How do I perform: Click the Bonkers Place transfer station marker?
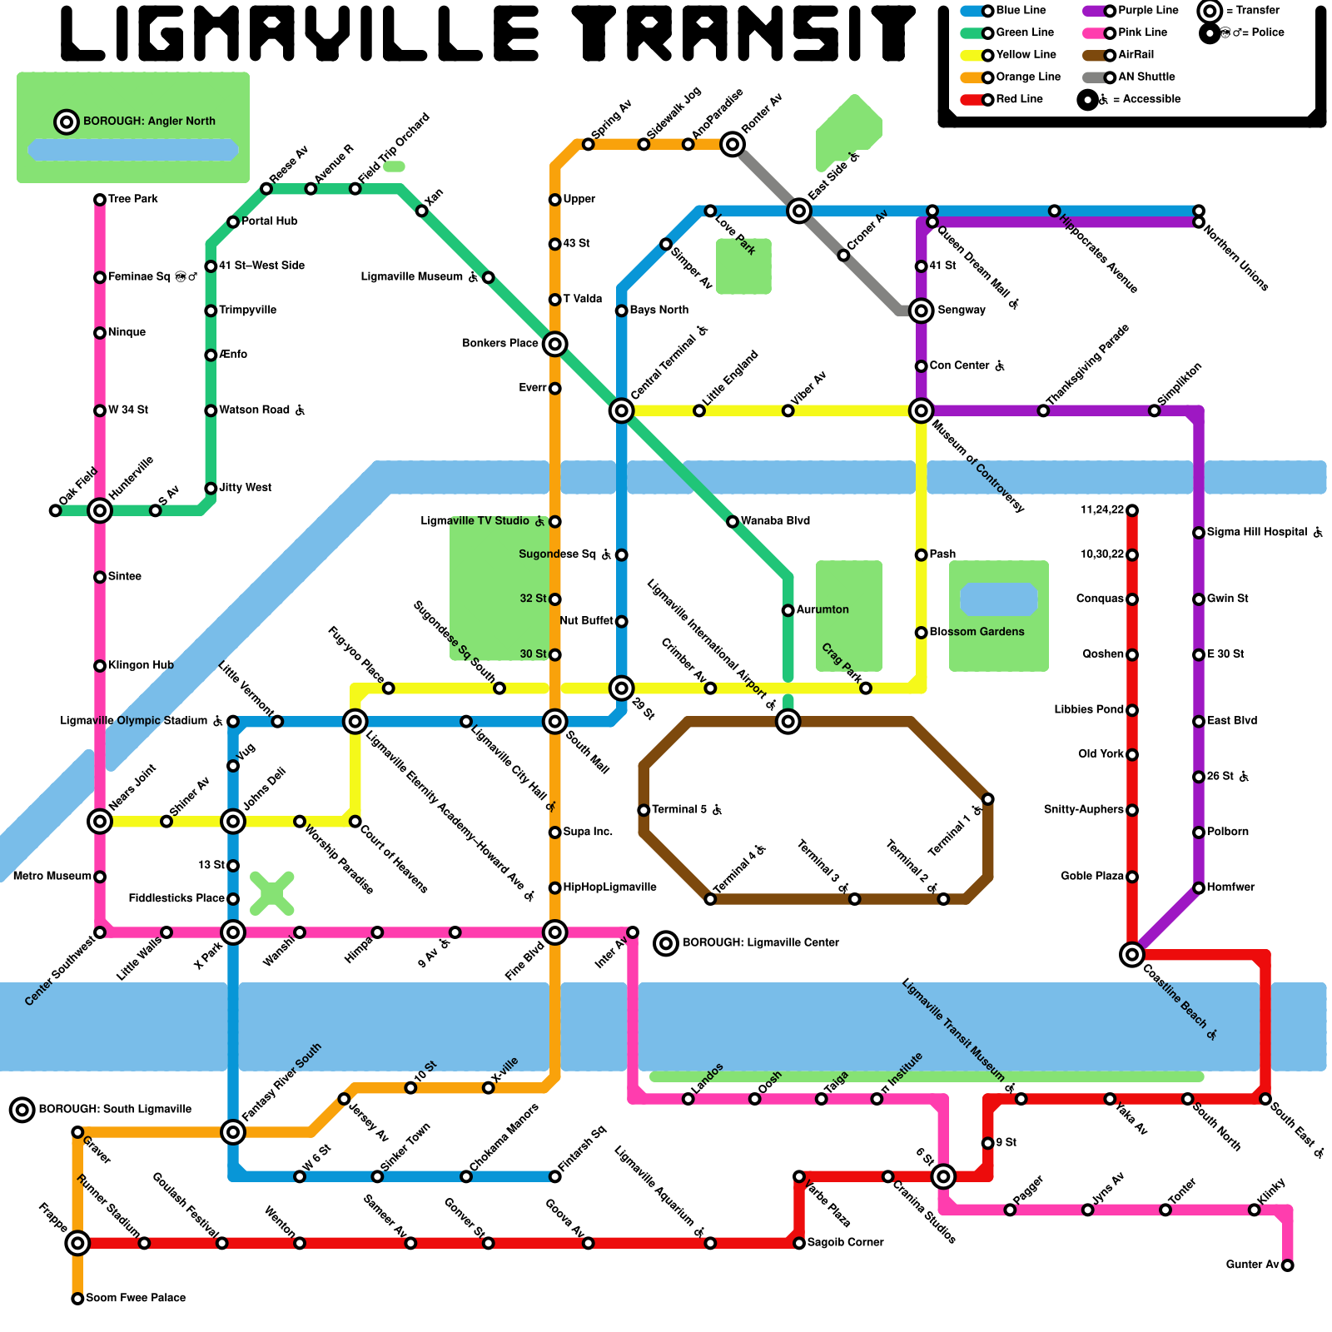[555, 344]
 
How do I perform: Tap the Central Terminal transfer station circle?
[621, 410]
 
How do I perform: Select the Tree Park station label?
[132, 200]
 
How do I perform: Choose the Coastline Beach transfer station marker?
[1131, 954]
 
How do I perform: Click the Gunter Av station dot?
[1287, 1265]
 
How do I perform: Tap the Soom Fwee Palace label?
[136, 1298]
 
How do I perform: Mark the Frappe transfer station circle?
[77, 1243]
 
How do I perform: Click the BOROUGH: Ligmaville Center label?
[760, 943]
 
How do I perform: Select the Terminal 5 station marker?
[644, 810]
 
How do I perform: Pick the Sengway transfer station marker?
[921, 311]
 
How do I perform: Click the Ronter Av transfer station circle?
[733, 144]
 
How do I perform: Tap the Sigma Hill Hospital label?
[1256, 533]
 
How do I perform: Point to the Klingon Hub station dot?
[100, 666]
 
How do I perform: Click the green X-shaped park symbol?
[272, 893]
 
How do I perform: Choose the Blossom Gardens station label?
[976, 632]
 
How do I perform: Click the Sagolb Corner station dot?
[799, 1243]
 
